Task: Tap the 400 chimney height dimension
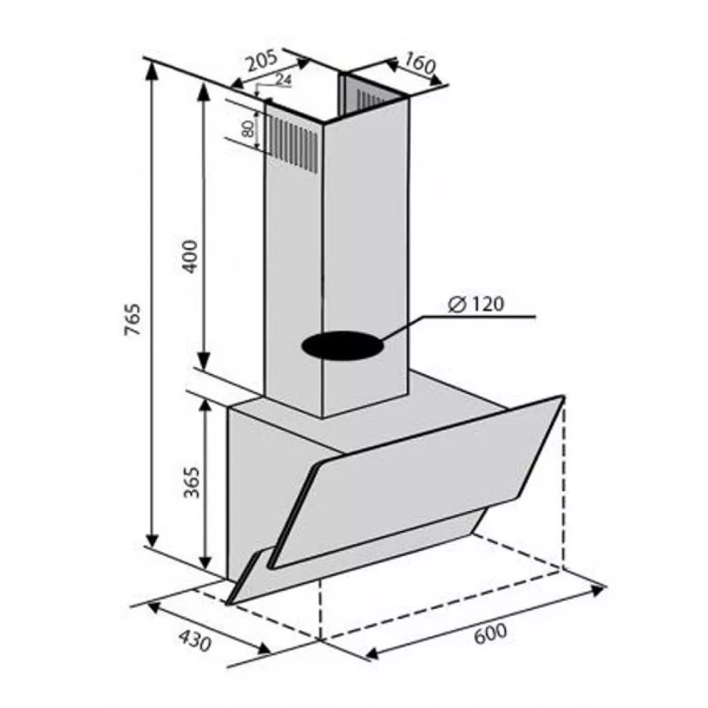coord(190,257)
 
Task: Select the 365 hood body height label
coord(192,481)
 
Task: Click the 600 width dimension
coord(490,633)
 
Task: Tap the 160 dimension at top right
coord(420,64)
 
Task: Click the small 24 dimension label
coord(283,80)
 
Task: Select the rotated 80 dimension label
coord(247,129)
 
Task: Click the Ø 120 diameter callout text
coord(476,304)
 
